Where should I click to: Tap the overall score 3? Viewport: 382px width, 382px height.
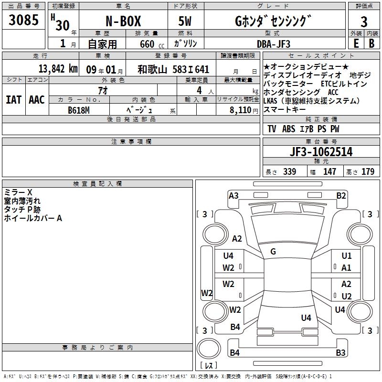(x=364, y=22)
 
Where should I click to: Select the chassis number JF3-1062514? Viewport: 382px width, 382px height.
(x=321, y=152)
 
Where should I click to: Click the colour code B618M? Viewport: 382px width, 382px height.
(x=79, y=110)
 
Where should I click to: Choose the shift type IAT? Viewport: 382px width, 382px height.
(x=13, y=100)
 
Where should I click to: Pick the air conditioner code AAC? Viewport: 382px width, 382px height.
(x=37, y=100)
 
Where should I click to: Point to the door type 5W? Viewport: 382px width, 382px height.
(x=185, y=22)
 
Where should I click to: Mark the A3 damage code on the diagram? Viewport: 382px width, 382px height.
(x=233, y=195)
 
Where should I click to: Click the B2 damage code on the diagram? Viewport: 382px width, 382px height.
(x=341, y=195)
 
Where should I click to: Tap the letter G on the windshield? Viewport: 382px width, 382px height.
(x=273, y=251)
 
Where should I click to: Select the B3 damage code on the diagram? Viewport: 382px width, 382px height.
(x=340, y=353)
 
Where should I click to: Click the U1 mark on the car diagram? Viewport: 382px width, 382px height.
(x=347, y=256)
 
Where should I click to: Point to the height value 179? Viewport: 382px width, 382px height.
(x=368, y=172)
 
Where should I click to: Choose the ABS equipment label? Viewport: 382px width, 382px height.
(x=288, y=129)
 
